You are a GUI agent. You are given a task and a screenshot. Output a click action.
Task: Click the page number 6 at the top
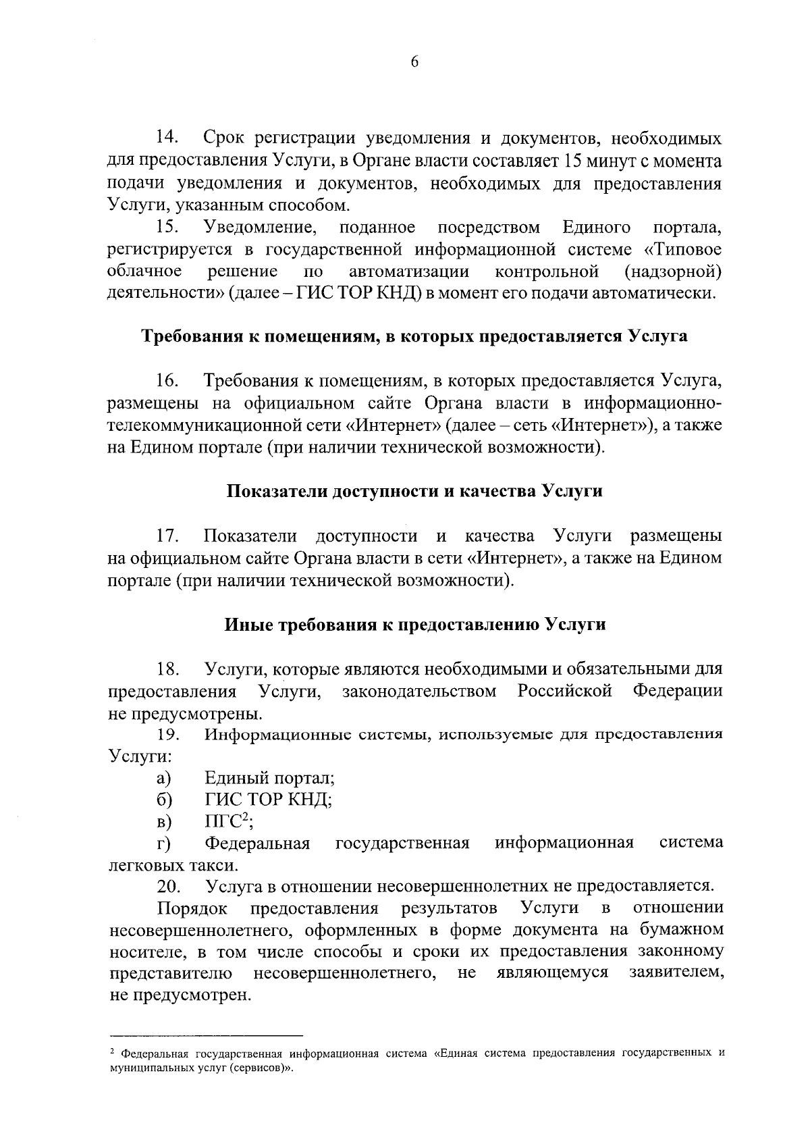point(414,61)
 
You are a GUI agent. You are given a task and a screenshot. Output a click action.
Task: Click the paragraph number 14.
point(167,138)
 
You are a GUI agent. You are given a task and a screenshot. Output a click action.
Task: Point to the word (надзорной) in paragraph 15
point(673,271)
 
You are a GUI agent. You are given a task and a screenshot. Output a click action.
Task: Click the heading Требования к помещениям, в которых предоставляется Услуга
point(414,336)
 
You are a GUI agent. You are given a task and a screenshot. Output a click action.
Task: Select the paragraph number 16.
point(167,381)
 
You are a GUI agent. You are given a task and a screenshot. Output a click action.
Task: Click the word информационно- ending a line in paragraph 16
point(653,403)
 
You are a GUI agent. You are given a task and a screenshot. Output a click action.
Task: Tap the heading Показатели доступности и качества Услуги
point(414,492)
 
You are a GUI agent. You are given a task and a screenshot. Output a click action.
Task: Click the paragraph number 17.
point(167,536)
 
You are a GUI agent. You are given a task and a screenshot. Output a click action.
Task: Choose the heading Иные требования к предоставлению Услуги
point(414,625)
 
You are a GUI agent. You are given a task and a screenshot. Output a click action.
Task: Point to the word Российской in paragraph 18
point(565,691)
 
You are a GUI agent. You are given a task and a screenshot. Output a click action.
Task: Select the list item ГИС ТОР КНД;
point(268,800)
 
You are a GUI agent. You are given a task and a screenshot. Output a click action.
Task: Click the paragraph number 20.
point(167,886)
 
